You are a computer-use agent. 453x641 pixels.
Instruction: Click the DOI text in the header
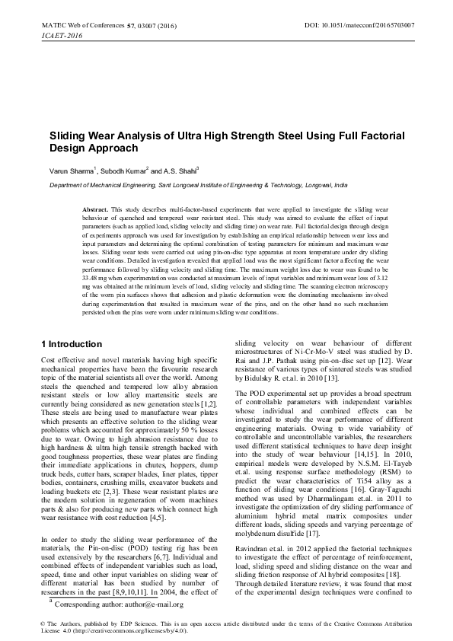359,25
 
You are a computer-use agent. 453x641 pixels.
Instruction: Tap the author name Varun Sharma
71,171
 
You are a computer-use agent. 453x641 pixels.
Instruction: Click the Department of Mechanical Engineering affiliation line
199,185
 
